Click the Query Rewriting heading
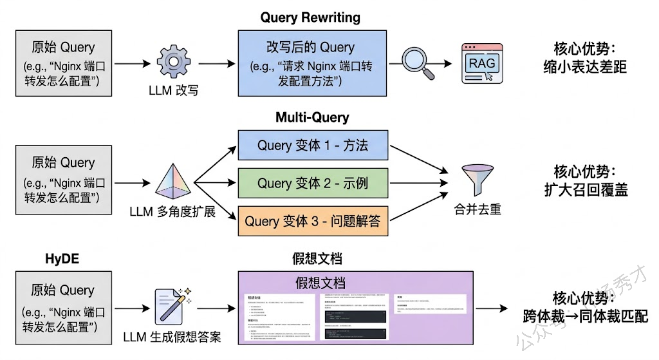[310, 17]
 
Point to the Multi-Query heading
[312, 117]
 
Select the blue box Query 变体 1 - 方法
[313, 145]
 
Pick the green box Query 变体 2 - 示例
[313, 183]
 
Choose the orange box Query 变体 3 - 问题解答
[313, 221]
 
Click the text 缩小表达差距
[584, 67]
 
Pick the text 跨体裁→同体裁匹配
[584, 317]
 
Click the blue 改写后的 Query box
[311, 63]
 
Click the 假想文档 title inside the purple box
[320, 282]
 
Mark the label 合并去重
[476, 211]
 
